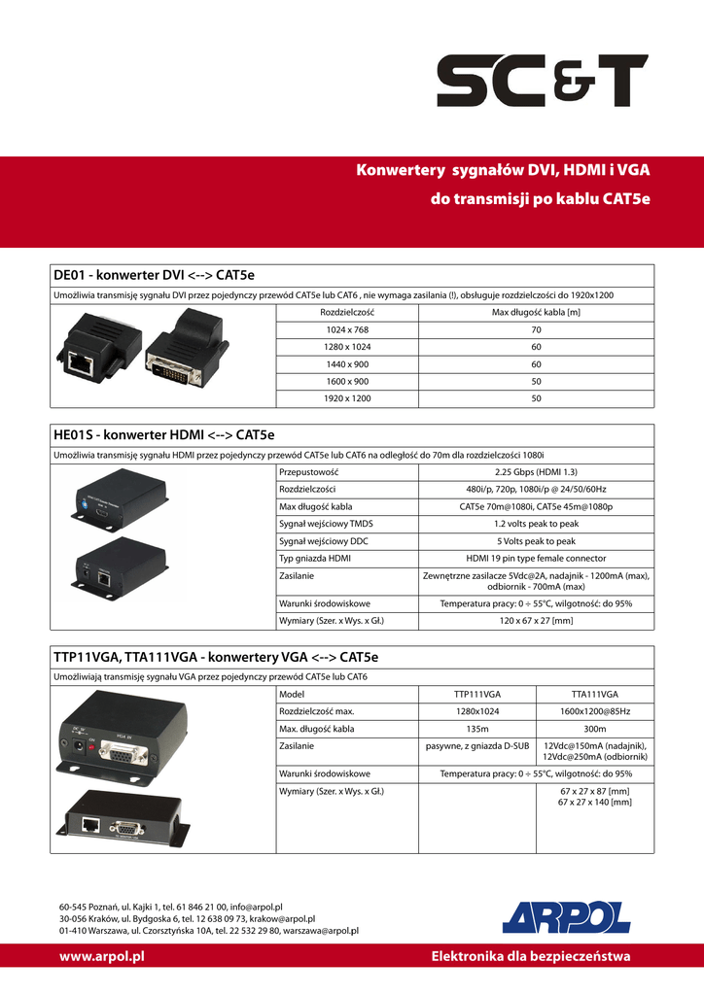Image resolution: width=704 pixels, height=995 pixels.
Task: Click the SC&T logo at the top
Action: (542, 81)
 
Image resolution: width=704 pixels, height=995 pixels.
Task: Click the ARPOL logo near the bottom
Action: (566, 916)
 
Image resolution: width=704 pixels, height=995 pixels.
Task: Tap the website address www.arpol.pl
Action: (101, 956)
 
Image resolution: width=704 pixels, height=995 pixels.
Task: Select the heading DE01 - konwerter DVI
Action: (154, 276)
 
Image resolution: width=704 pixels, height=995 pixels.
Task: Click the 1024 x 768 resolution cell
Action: (347, 329)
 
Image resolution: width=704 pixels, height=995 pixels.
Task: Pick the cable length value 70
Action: (536, 329)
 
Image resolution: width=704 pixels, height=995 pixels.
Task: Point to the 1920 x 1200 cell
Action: (347, 398)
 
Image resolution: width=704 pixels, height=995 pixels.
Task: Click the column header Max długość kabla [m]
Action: (536, 312)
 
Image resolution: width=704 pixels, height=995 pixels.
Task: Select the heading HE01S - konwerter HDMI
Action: (164, 434)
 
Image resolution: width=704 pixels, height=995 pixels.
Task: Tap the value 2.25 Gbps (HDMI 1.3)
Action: (536, 471)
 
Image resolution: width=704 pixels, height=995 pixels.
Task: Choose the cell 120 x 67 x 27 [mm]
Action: (536, 620)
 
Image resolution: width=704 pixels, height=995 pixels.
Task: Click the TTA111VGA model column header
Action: (594, 694)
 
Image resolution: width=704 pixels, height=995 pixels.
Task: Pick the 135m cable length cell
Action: (477, 729)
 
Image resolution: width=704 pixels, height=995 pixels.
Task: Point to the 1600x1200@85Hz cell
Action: (594, 711)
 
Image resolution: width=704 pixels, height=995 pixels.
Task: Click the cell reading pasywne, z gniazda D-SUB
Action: (477, 746)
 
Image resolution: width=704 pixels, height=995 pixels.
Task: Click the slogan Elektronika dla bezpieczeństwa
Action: (530, 956)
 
